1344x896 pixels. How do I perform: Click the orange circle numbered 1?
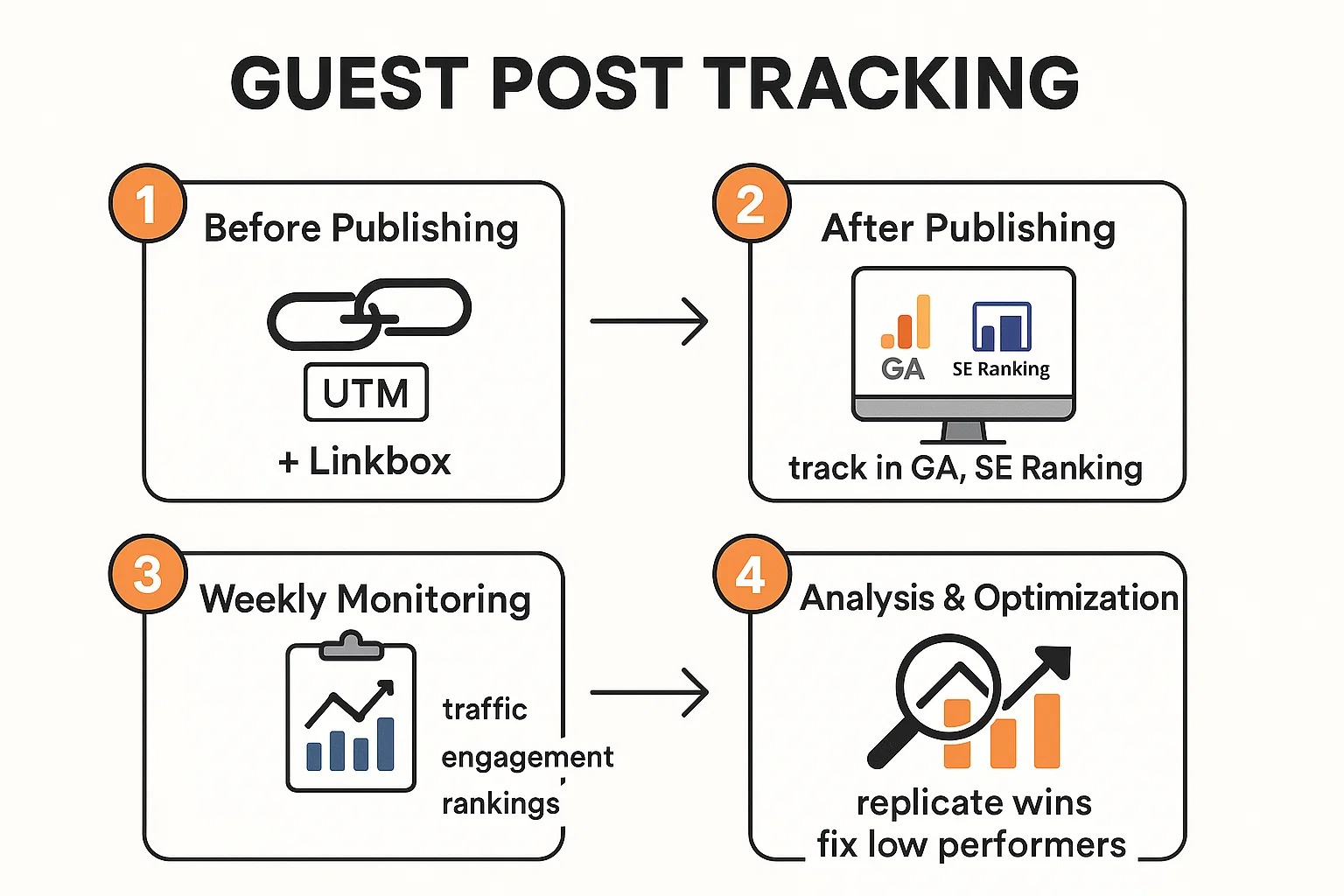click(147, 204)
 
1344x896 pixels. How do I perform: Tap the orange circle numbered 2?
click(751, 204)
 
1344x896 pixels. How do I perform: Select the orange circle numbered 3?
click(147, 574)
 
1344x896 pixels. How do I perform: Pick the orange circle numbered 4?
click(751, 574)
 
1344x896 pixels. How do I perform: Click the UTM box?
click(366, 393)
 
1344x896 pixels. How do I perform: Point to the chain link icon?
click(369, 313)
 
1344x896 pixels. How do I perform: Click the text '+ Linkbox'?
click(365, 461)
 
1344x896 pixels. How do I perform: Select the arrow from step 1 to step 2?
click(648, 321)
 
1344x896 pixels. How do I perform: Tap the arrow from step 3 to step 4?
click(648, 692)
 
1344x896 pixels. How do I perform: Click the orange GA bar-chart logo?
click(906, 323)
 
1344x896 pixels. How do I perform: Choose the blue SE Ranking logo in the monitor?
click(1002, 326)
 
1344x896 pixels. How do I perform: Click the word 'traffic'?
click(485, 709)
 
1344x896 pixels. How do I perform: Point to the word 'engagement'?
click(527, 757)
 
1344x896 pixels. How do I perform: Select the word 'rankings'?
click(500, 803)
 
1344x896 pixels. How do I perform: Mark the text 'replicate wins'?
click(974, 802)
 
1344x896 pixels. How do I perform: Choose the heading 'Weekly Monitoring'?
click(365, 600)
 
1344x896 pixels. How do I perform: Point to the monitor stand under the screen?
click(963, 432)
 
